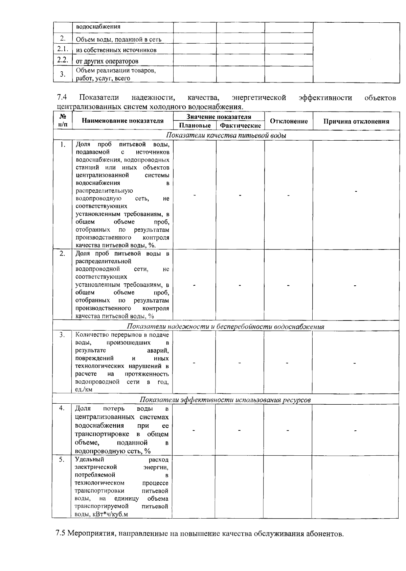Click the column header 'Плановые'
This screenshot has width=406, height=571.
[195, 125]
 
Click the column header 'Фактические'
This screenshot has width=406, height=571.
[240, 126]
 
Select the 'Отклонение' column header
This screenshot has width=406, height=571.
[289, 121]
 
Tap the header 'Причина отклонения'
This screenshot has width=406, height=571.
[356, 121]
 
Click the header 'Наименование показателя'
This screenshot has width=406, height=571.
[122, 121]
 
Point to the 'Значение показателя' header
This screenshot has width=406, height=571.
[219, 117]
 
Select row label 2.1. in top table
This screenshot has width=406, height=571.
[63, 49]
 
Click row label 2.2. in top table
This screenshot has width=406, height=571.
[63, 60]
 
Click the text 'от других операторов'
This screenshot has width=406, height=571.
[107, 61]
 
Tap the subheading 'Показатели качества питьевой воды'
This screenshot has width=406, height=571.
[226, 136]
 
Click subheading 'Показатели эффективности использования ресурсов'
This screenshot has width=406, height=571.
[225, 400]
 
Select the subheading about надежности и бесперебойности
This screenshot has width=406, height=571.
[225, 327]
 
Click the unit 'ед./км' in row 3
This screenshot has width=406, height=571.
[84, 389]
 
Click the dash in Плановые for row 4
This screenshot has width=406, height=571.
[194, 430]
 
